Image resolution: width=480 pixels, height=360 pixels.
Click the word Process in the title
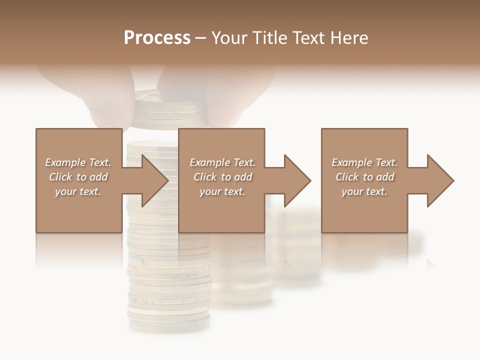point(157,38)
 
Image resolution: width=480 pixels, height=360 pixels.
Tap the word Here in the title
point(348,38)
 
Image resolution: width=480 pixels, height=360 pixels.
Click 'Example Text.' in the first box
point(78,162)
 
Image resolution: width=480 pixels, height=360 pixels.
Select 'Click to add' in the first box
point(78,177)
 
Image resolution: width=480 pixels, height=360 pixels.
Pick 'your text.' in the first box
point(78,191)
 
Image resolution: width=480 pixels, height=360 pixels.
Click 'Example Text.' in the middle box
point(222,162)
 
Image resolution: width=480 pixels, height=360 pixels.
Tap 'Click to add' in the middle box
point(222,177)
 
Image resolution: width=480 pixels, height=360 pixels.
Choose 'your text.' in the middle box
point(222,191)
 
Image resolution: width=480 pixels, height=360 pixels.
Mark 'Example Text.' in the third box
point(364,162)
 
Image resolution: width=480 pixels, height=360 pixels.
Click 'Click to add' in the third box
point(364,177)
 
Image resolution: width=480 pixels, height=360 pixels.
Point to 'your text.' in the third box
point(364,191)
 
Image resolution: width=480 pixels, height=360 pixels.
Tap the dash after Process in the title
point(201,38)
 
